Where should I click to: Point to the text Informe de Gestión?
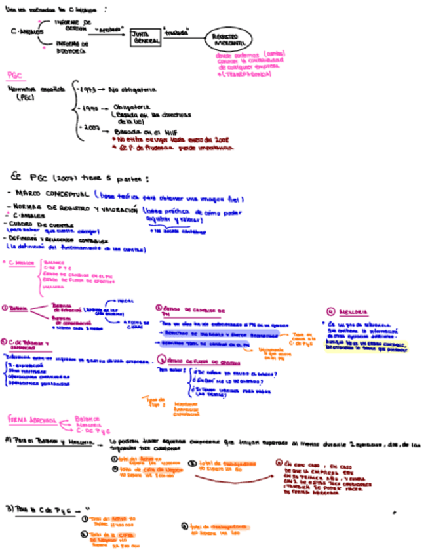pyautogui.click(x=71, y=24)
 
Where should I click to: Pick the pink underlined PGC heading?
pyautogui.click(x=14, y=75)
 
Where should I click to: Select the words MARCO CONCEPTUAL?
pyautogui.click(x=52, y=194)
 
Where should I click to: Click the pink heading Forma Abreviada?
pyautogui.click(x=32, y=418)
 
